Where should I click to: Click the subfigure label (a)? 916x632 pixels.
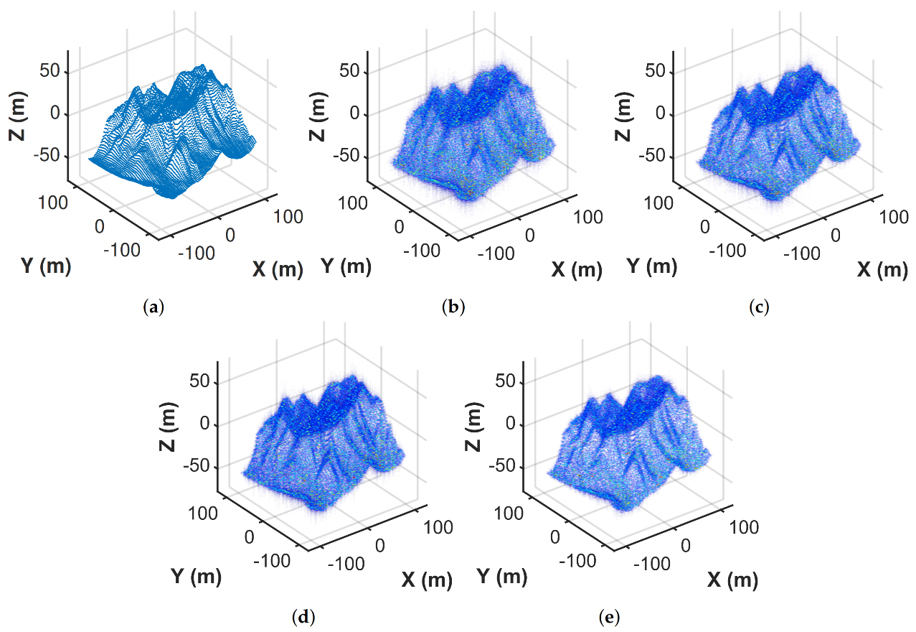point(154,308)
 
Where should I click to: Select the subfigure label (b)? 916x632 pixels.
point(453,308)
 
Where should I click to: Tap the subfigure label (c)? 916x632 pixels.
point(759,308)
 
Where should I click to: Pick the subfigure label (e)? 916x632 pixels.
point(608,617)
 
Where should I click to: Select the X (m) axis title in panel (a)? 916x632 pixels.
point(278,270)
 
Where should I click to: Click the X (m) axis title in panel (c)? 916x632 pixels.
point(882,270)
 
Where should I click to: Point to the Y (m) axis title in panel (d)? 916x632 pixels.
point(196,576)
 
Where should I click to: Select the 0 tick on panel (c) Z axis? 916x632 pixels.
point(662,115)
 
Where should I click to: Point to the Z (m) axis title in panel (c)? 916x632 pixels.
point(623,115)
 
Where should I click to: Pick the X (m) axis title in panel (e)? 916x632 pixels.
point(732,579)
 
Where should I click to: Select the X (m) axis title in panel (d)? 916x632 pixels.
point(427,580)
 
